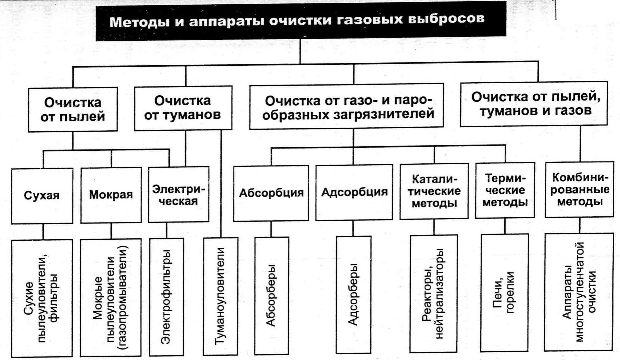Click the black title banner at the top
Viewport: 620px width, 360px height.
coord(301,21)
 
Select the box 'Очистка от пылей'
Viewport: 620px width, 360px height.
coord(73,109)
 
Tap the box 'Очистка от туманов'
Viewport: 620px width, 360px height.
coord(183,108)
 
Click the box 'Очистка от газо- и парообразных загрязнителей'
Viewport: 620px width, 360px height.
coord(347,106)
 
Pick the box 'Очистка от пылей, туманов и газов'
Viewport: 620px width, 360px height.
coord(534,104)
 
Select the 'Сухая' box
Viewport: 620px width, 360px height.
coord(42,196)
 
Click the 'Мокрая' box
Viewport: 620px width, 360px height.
coord(111,195)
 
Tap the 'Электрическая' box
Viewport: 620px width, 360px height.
coord(179,194)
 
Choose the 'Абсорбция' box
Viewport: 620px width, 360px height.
coord(271,193)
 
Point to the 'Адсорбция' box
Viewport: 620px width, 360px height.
coord(354,192)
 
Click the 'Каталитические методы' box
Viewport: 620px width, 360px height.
coord(434,191)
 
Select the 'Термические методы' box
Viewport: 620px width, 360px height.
coord(505,190)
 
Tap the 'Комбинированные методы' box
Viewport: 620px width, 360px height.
coord(580,189)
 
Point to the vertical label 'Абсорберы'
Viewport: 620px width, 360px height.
coord(271,295)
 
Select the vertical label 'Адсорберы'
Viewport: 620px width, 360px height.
coord(353,294)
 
